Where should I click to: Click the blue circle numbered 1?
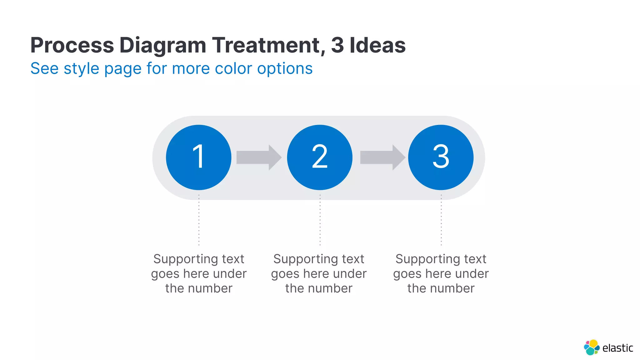(x=198, y=157)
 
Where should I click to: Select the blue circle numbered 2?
(x=320, y=157)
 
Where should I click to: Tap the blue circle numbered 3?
(x=441, y=157)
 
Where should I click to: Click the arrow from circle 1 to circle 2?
(x=258, y=157)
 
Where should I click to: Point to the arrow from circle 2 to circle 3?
(x=382, y=157)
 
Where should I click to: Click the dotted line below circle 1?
(x=199, y=220)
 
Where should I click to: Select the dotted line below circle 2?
(x=320, y=220)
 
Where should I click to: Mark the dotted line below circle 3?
(x=441, y=220)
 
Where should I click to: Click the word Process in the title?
(x=72, y=45)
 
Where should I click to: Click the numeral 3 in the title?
(x=337, y=45)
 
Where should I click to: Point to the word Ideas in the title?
(x=377, y=45)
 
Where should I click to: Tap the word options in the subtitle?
(x=285, y=68)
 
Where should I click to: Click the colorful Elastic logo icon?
(x=592, y=347)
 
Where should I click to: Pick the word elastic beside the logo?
(x=617, y=348)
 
